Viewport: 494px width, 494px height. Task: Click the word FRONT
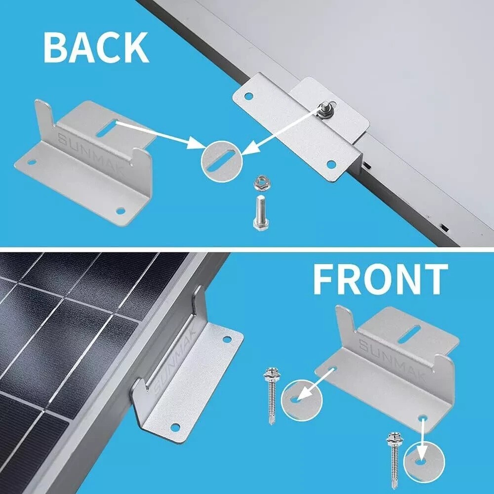(x=380, y=280)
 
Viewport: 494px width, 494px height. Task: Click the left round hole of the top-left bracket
(x=31, y=162)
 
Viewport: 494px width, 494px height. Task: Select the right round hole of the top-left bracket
(x=120, y=211)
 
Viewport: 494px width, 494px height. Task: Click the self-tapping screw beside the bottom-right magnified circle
(x=395, y=455)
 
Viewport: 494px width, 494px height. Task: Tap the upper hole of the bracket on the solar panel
(x=227, y=339)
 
